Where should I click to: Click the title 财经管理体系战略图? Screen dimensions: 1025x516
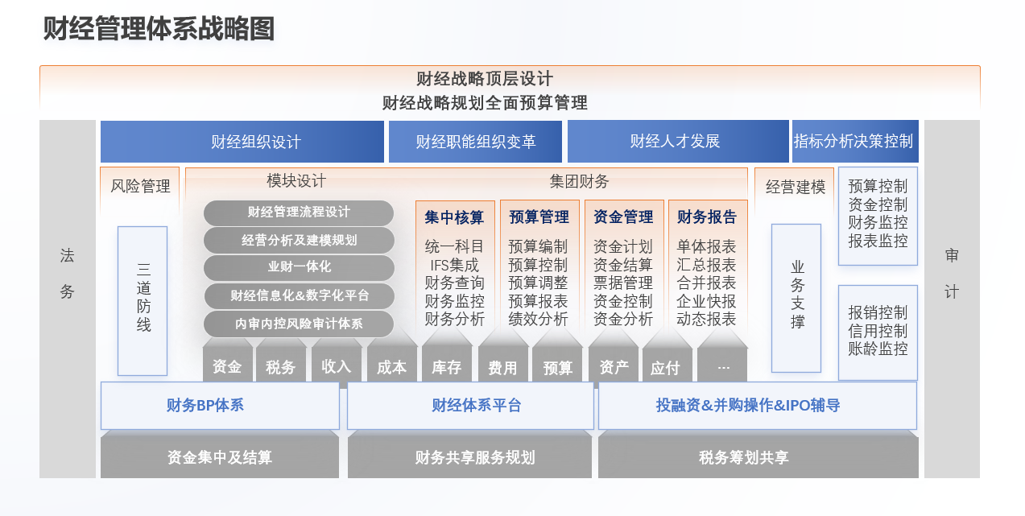coord(159,29)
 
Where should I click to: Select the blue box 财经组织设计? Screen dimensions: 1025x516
coord(242,142)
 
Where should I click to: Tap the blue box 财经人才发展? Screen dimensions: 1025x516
coord(678,142)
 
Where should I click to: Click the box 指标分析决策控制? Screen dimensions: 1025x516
coord(855,142)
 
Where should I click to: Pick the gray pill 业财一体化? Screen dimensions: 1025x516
coord(299,267)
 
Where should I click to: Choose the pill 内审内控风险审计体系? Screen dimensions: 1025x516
coord(299,324)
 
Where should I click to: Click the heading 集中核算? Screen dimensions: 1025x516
coord(454,217)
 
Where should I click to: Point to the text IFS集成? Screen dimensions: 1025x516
coord(454,265)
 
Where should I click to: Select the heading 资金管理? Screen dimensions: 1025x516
coord(623,217)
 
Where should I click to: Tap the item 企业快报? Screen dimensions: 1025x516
coord(706,301)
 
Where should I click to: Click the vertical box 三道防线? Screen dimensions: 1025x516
coord(143,301)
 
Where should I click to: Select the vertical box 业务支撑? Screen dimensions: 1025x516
coord(796,299)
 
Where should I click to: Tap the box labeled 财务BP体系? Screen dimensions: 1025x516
coord(220,406)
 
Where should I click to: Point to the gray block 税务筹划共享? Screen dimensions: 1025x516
coord(758,457)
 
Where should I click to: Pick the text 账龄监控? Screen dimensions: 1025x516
coord(878,349)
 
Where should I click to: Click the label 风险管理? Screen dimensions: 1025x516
coord(140,186)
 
